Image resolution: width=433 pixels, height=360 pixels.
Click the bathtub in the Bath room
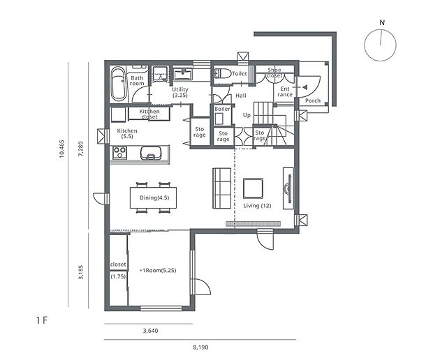point(119,84)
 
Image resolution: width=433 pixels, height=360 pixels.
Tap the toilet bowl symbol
point(223,73)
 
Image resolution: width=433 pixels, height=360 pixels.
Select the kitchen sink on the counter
point(151,153)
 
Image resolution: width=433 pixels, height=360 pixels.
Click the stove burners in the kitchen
point(120,153)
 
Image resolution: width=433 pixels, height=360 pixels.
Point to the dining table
point(153,197)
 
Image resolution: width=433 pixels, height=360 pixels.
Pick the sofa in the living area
point(222,188)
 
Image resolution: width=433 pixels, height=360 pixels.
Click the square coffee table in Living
point(253,188)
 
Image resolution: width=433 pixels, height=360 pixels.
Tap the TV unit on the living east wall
point(288,188)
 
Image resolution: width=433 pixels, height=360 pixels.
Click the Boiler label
point(222,109)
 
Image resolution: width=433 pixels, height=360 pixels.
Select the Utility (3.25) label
point(180,92)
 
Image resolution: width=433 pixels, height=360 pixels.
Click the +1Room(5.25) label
point(158,270)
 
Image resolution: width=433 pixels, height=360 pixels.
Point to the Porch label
point(313,100)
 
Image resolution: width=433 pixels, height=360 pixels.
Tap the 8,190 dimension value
point(200,347)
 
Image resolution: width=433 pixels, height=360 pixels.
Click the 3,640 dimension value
point(150,331)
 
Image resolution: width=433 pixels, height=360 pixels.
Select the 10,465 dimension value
point(61,149)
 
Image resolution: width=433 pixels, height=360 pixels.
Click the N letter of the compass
point(382,22)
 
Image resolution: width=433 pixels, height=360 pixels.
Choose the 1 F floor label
point(42,320)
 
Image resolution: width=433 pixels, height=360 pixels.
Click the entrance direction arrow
point(305,87)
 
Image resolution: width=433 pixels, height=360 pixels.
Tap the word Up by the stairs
point(247,115)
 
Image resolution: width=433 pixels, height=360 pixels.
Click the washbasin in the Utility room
point(182,74)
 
